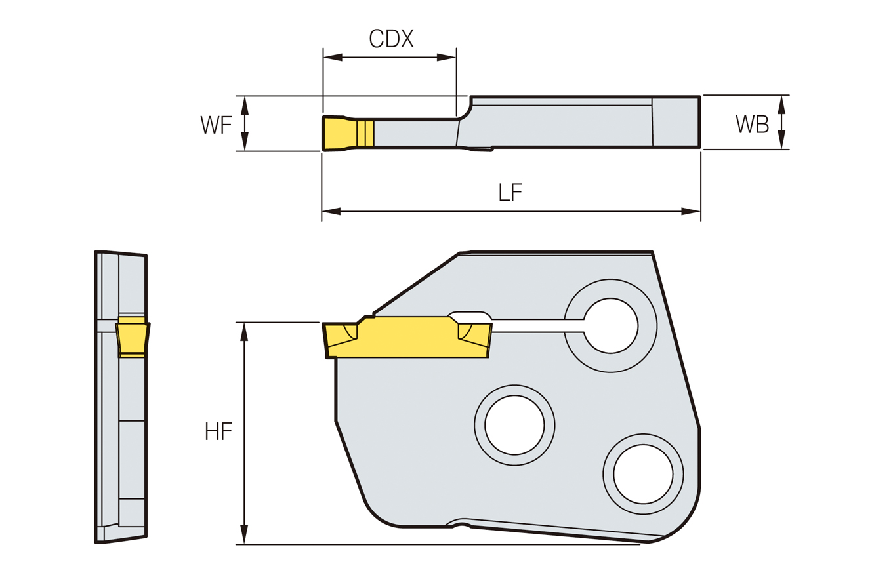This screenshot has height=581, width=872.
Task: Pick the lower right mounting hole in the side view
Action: pos(642,474)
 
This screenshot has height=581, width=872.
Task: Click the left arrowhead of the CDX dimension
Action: pos(333,57)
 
